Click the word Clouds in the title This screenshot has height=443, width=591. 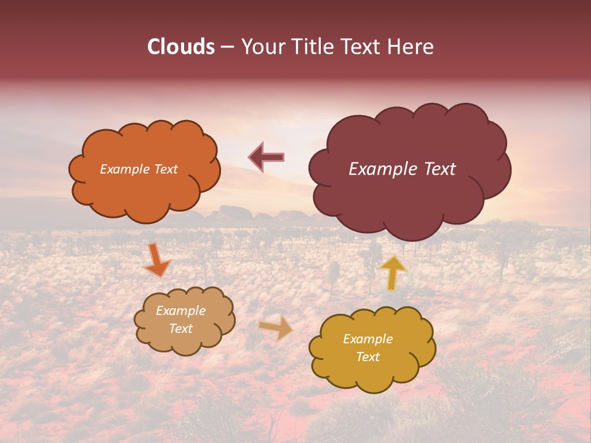(181, 47)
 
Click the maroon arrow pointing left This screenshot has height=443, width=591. (266, 157)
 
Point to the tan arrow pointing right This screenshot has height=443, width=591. (276, 327)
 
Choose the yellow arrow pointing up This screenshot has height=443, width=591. (393, 273)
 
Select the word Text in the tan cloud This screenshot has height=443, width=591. (181, 329)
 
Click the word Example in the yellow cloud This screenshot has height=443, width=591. (368, 339)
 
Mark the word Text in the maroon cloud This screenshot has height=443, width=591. (439, 169)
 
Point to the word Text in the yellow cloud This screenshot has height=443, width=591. (368, 357)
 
